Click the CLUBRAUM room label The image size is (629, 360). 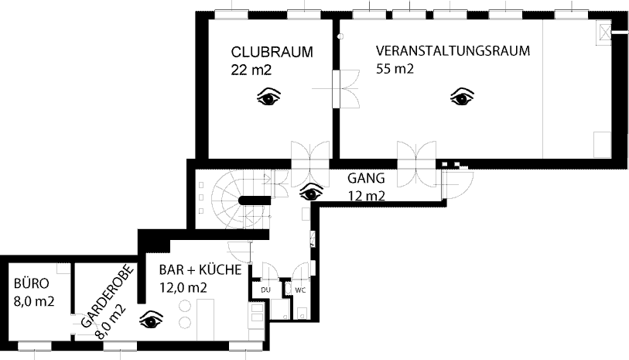pyautogui.click(x=272, y=52)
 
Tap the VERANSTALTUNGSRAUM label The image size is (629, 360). pyautogui.click(x=453, y=51)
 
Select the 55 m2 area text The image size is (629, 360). pyautogui.click(x=395, y=69)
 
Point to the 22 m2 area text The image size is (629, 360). pyautogui.click(x=251, y=70)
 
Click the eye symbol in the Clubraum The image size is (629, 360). pyautogui.click(x=268, y=97)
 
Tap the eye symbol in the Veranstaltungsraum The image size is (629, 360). pyautogui.click(x=462, y=97)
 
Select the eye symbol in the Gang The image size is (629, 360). pyautogui.click(x=311, y=193)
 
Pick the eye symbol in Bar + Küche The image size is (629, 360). pyautogui.click(x=151, y=320)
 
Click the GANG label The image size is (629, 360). pyautogui.click(x=366, y=178)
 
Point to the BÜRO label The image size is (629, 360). pyautogui.click(x=31, y=283)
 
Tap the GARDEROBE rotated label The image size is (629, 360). pyautogui.click(x=106, y=296)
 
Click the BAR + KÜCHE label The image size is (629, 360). pyautogui.click(x=200, y=269)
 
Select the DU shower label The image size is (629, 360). pyautogui.click(x=265, y=290)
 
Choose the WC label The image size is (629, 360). pyautogui.click(x=300, y=290)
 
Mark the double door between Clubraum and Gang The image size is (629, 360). pyautogui.click(x=310, y=164)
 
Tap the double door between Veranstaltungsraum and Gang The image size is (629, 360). pyautogui.click(x=417, y=164)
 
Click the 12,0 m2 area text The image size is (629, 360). pyautogui.click(x=183, y=288)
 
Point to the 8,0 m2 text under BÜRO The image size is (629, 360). pyautogui.click(x=34, y=301)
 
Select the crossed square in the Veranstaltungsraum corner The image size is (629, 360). pyautogui.click(x=604, y=31)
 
